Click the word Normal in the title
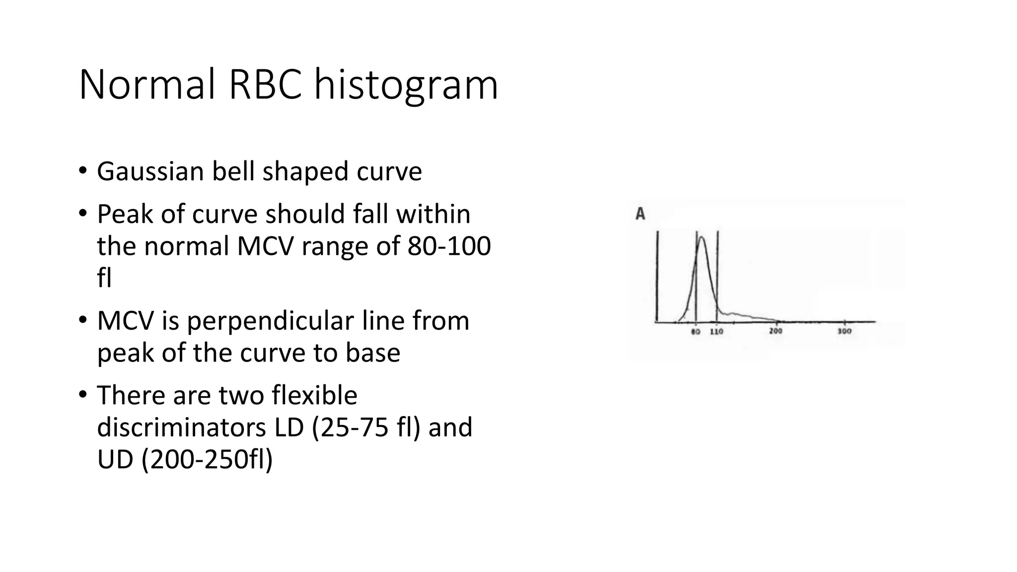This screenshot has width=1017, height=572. pos(147,85)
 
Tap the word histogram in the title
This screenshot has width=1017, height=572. pos(406,85)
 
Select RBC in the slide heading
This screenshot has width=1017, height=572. pos(265,85)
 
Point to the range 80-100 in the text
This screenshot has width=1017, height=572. pos(449,246)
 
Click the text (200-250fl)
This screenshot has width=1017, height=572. pos(207,460)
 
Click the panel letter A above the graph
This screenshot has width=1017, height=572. pos(641,214)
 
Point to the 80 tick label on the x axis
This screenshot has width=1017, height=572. pos(696,332)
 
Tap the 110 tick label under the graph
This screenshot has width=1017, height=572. pos(717,332)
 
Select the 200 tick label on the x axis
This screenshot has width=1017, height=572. pos(776,332)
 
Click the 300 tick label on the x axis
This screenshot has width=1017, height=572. pos(845,332)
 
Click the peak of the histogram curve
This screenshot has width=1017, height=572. pos(702,238)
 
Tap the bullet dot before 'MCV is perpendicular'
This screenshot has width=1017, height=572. pos(82,321)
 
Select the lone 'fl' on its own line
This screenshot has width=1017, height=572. pos(104,278)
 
